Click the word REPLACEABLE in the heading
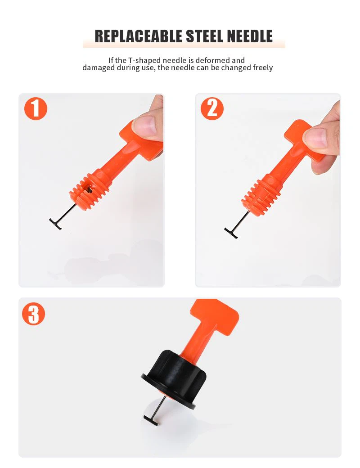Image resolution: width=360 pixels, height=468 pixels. click(x=139, y=36)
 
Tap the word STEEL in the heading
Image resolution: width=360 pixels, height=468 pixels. click(x=204, y=36)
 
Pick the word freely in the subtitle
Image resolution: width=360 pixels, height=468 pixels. click(x=263, y=68)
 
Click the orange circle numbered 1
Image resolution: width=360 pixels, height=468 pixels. click(x=36, y=108)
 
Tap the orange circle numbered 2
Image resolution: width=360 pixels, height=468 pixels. click(x=212, y=108)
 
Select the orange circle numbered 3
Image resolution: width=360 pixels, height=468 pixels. click(x=33, y=314)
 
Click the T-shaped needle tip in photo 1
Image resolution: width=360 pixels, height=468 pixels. click(x=55, y=224)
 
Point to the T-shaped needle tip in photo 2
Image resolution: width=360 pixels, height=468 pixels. click(x=231, y=233)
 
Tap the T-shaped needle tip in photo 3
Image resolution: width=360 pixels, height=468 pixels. click(x=151, y=420)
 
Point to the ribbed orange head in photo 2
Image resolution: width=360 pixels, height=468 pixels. click(x=261, y=195)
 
